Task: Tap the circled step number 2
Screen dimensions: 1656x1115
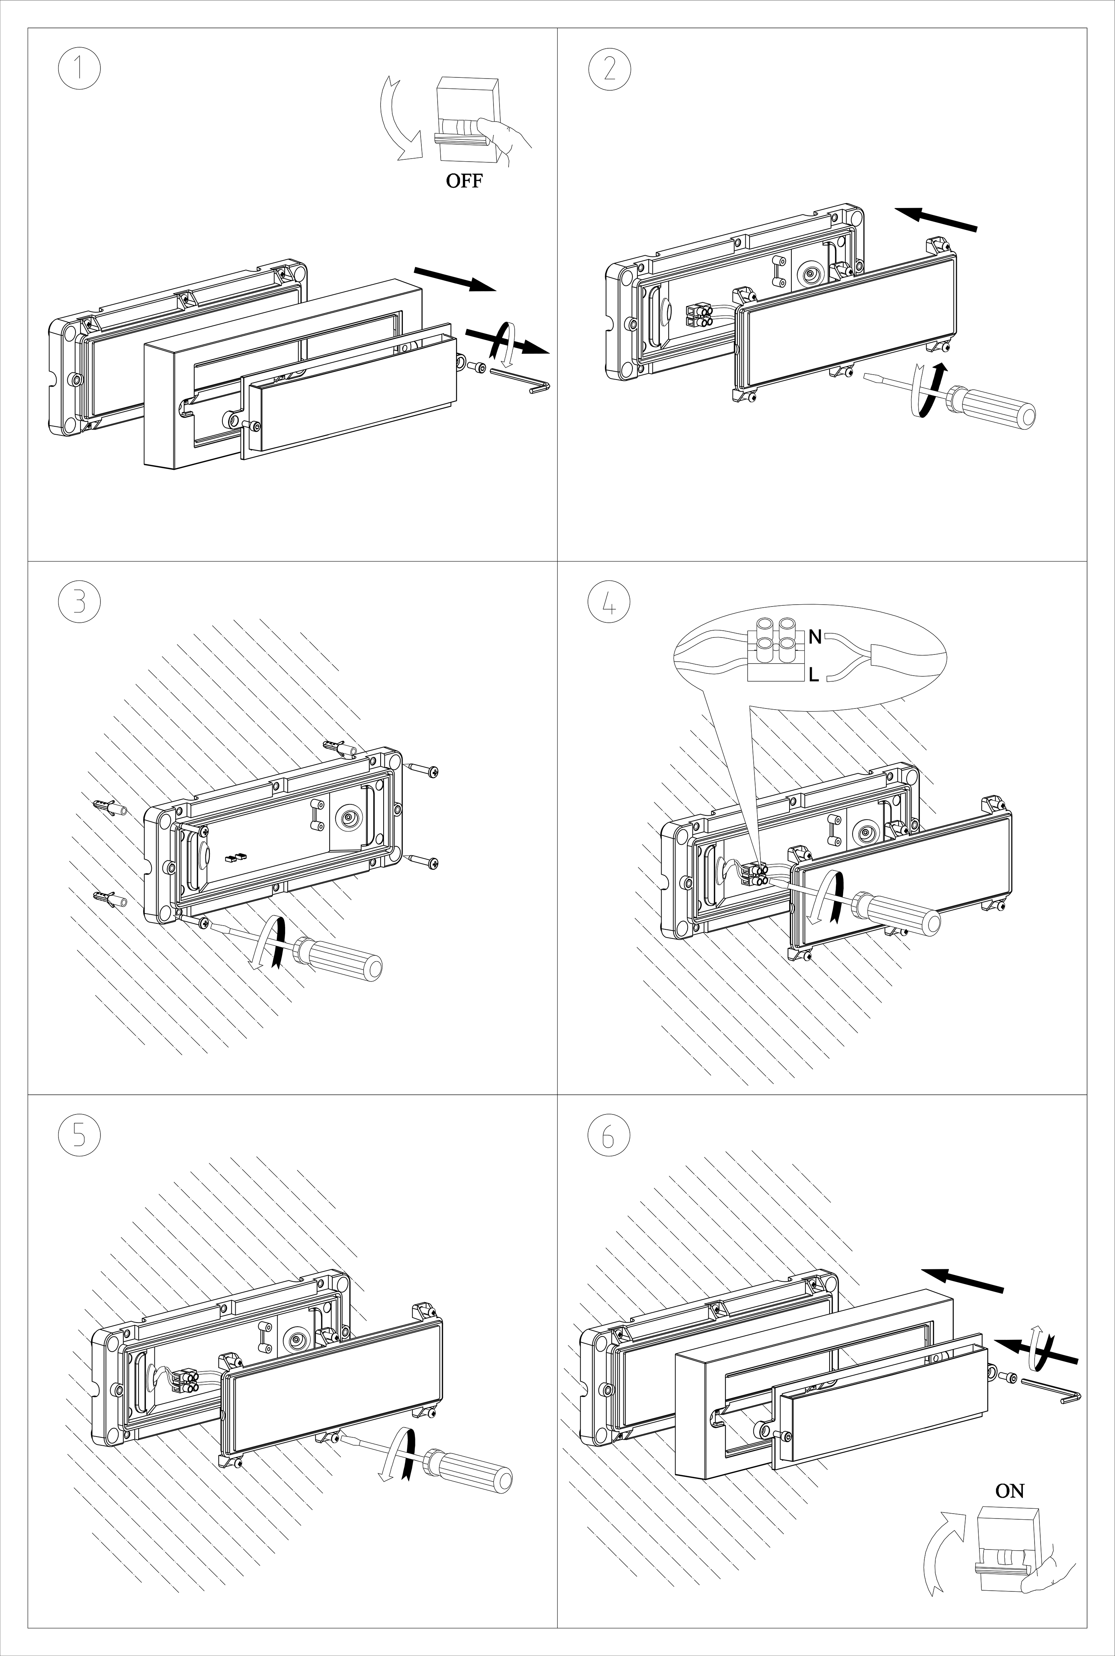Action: [609, 69]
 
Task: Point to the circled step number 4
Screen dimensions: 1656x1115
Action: [609, 601]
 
